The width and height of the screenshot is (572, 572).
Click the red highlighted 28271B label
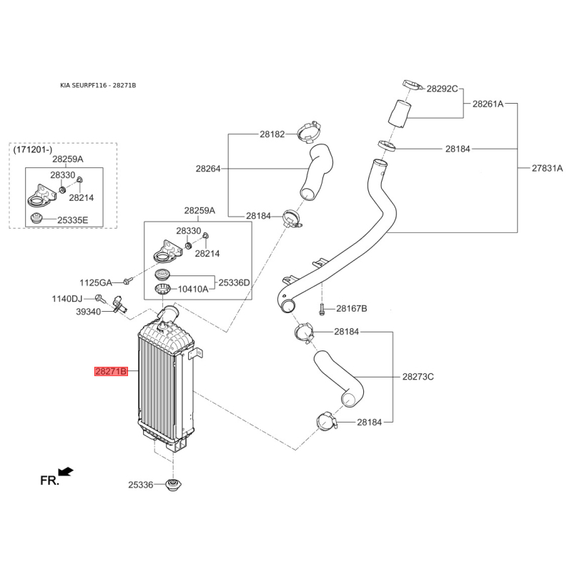point(111,371)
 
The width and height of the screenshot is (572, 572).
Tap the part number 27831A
point(547,168)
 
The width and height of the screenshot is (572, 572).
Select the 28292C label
point(442,89)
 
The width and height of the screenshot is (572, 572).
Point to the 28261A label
point(488,104)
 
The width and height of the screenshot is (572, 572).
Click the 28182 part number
point(272,134)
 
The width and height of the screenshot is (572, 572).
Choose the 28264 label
point(208,169)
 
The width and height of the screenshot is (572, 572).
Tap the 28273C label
point(418,377)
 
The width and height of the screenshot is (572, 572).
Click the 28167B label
point(352,309)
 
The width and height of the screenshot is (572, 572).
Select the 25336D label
point(234,282)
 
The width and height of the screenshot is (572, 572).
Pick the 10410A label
point(193,290)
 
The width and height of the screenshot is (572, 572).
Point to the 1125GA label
point(96,282)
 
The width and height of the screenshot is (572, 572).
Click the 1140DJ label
point(67,299)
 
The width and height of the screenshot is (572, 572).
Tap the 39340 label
point(88,312)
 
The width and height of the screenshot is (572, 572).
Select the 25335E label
point(73,220)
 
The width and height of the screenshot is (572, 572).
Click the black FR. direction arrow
point(66,472)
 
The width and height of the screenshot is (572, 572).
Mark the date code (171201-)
point(33,149)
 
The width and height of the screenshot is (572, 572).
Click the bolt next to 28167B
point(321,310)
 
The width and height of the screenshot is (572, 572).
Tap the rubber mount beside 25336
point(174,485)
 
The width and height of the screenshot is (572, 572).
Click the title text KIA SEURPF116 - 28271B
point(98,85)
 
